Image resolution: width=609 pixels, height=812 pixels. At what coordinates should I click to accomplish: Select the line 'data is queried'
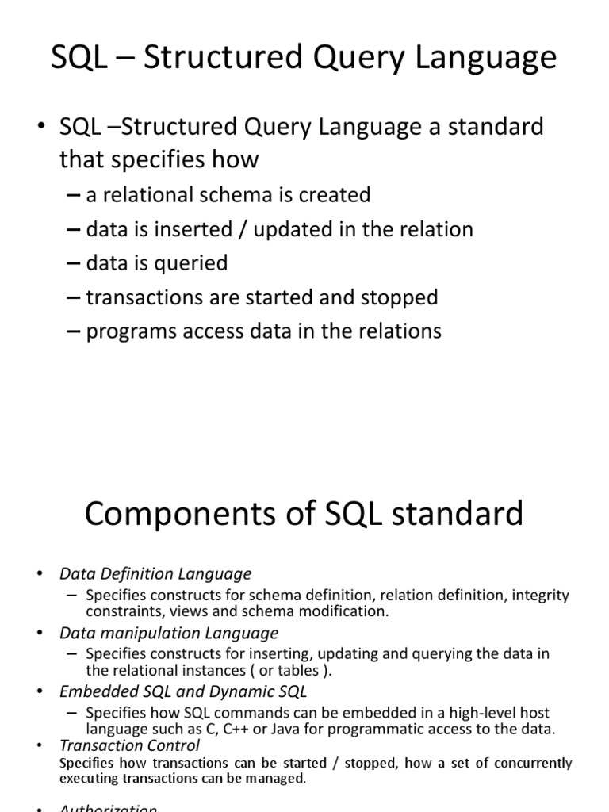click(157, 263)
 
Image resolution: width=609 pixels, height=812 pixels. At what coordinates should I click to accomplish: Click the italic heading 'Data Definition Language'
click(155, 573)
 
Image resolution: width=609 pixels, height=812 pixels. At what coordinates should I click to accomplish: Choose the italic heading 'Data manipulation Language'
click(169, 633)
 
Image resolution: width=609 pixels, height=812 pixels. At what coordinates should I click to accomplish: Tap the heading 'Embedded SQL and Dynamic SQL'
click(182, 691)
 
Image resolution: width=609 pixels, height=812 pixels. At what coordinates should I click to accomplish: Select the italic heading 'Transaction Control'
click(129, 745)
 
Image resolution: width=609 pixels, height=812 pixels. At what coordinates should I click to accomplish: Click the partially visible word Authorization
click(109, 808)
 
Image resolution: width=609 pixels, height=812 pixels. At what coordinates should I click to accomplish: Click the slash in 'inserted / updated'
click(239, 230)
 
